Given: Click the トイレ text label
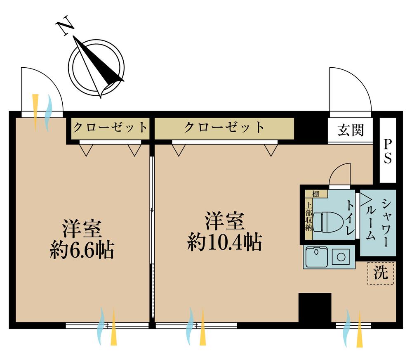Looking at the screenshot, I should [349, 218].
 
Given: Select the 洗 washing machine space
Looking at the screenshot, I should [381, 272].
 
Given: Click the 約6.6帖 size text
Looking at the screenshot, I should [82, 250].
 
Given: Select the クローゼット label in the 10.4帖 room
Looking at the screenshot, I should [224, 127].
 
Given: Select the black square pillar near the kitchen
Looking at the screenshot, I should [315, 308].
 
